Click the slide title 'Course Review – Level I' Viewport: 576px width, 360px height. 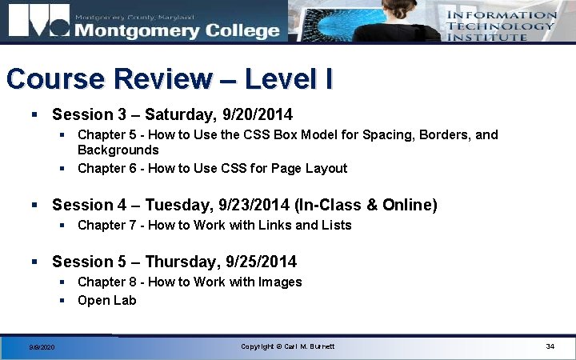[x=170, y=79]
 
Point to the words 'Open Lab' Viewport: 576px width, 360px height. [x=107, y=300]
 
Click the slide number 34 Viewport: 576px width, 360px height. [x=550, y=346]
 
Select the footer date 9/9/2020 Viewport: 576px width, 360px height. [x=42, y=347]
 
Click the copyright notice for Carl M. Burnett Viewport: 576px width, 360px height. [x=288, y=346]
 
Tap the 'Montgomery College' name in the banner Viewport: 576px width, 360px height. [x=177, y=30]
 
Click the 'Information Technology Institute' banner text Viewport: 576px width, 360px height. [x=501, y=26]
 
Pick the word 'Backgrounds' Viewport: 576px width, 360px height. [x=118, y=150]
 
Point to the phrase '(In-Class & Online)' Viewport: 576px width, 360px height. [x=366, y=205]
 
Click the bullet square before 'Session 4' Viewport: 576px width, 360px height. [x=35, y=205]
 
